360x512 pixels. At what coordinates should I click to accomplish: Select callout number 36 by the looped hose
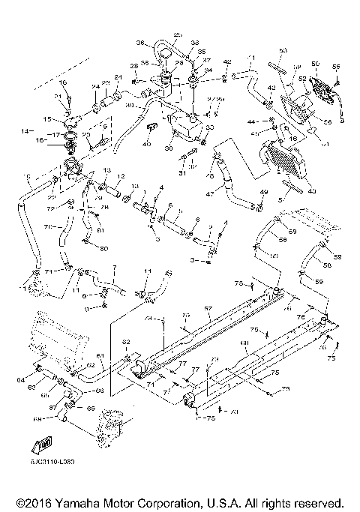(x=140, y=43)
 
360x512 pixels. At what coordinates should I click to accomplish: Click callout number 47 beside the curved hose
(x=211, y=193)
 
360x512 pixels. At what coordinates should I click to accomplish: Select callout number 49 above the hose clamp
(x=264, y=193)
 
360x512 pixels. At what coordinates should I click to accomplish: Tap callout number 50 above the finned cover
(x=315, y=64)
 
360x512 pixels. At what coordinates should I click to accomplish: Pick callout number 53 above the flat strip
(x=283, y=50)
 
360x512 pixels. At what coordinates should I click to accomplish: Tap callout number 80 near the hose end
(x=103, y=248)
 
